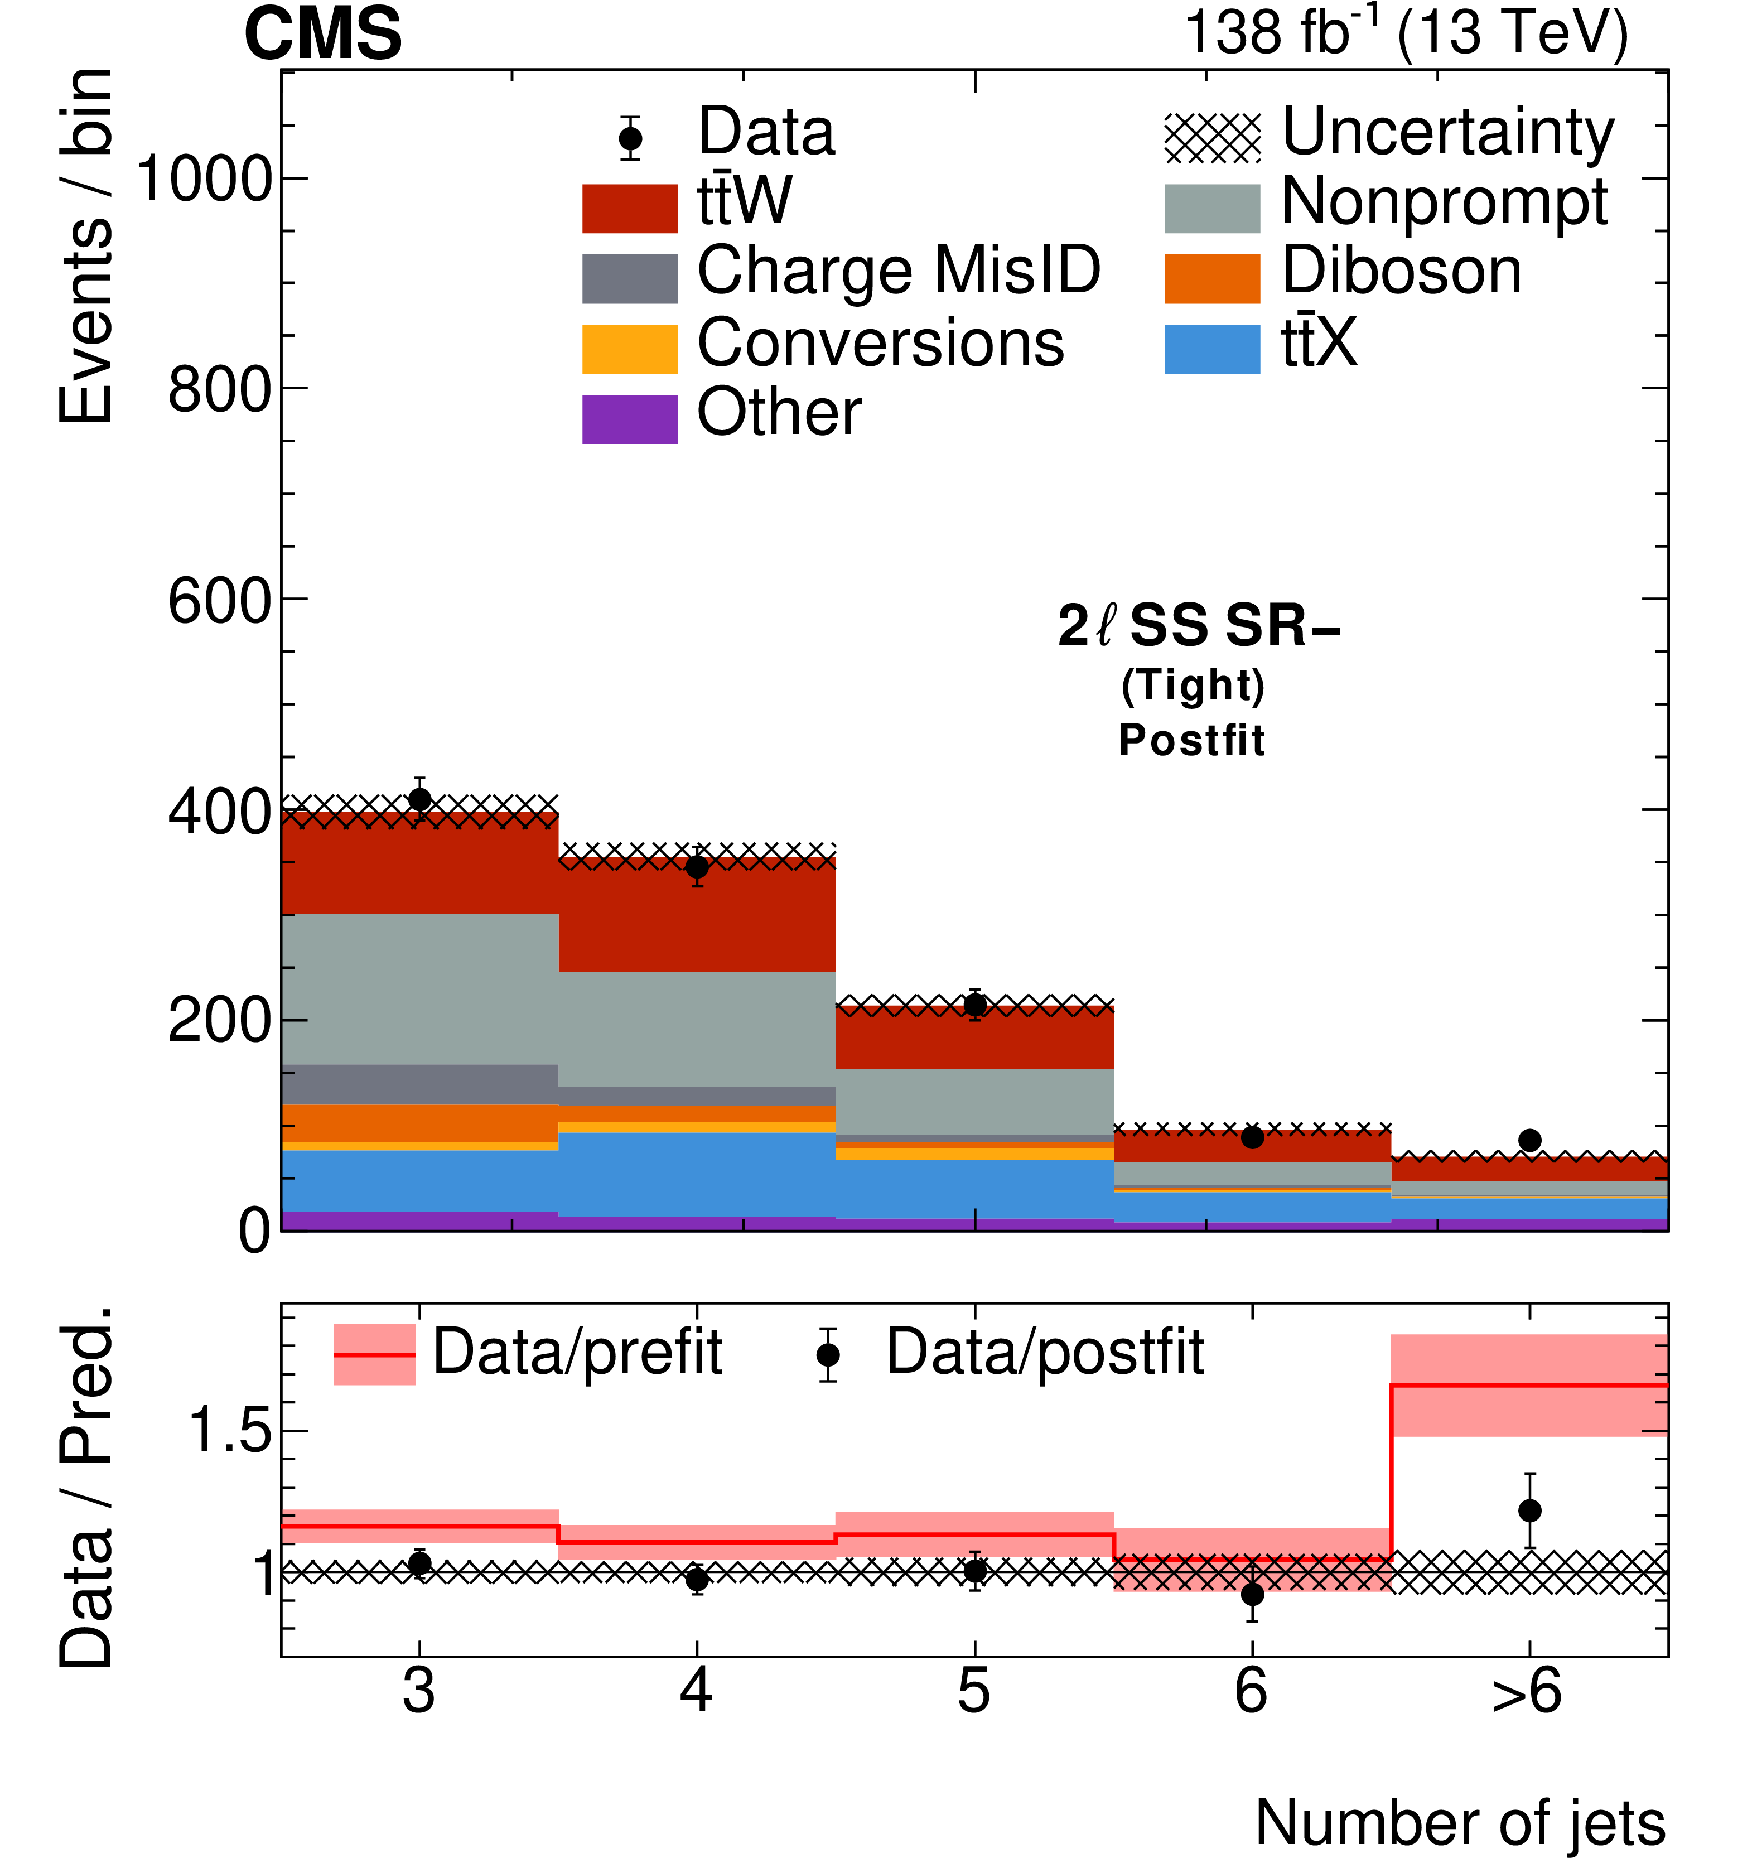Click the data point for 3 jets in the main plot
pos(421,800)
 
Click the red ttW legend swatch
pos(629,208)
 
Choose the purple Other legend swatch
pos(629,418)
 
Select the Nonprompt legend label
pos(1444,202)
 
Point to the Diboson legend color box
pos(1212,278)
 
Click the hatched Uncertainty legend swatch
pos(1212,138)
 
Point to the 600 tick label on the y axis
pos(221,600)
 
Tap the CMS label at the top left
pos(323,35)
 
